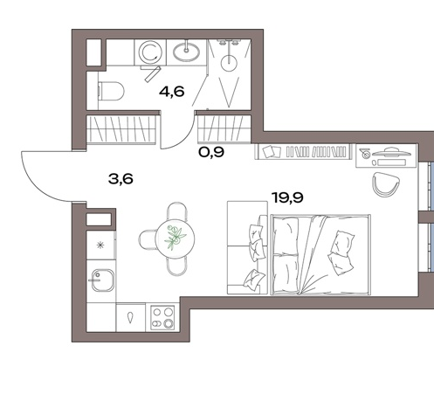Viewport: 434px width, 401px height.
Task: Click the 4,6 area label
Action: [172, 92]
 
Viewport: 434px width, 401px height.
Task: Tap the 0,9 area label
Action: [211, 152]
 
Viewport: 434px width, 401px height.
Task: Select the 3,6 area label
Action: [121, 179]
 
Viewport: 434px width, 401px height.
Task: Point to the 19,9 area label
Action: [287, 197]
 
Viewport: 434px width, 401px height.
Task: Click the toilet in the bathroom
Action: [111, 91]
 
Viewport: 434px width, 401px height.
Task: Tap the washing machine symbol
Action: [150, 52]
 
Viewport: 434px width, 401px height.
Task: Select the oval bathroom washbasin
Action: [186, 52]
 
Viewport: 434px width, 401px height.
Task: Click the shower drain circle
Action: [229, 63]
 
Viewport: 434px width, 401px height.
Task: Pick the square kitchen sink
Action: [102, 280]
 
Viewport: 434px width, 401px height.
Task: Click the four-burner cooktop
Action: [162, 317]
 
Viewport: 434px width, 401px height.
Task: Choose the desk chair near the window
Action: [385, 184]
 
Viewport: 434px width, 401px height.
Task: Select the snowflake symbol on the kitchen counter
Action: [100, 245]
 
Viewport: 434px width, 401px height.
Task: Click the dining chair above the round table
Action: [177, 211]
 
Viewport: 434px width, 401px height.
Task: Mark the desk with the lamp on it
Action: [386, 156]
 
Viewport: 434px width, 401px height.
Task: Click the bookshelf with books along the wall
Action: [303, 152]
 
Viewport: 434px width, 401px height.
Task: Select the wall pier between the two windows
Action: [425, 217]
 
